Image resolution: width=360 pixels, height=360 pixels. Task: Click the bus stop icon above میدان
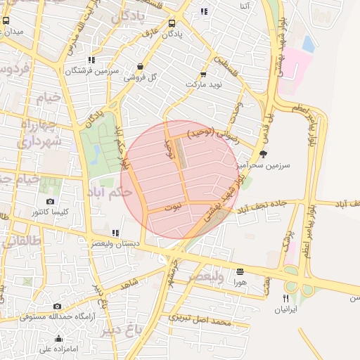6,21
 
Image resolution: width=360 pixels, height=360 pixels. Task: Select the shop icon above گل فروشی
140,66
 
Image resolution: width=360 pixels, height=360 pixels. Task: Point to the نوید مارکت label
203,84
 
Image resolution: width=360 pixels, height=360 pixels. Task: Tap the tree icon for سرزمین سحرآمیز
264,154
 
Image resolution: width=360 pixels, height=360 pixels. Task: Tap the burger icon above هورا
240,271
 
